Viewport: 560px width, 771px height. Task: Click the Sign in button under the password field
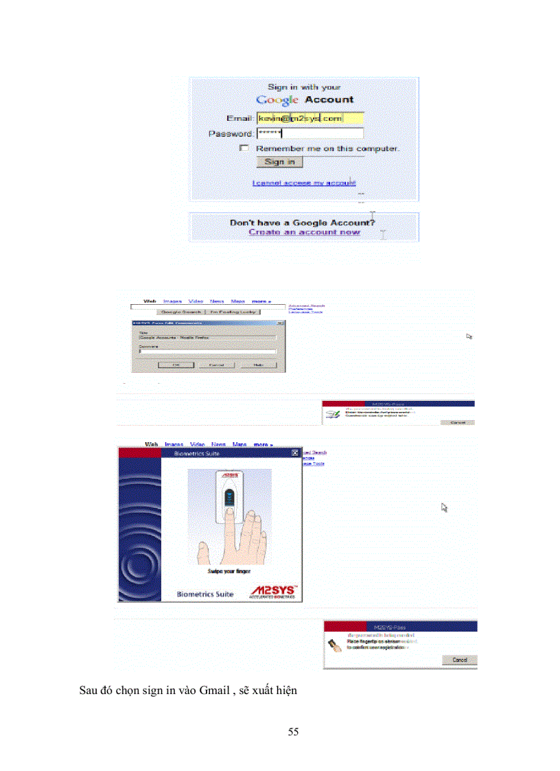279,162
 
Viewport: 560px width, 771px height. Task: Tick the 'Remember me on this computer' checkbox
244,148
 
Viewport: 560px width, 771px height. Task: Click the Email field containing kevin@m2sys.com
310,119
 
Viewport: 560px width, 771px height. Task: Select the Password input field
310,133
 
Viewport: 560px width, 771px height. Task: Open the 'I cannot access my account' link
303,183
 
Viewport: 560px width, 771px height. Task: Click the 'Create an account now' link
304,232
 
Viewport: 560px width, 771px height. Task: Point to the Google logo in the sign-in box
277,100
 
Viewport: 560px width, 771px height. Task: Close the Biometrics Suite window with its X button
295,452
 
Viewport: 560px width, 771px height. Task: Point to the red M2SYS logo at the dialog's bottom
272,592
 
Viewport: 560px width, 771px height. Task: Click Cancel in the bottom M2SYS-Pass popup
459,660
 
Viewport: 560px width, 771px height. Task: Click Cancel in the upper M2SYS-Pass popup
456,422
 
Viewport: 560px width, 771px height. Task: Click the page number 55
293,732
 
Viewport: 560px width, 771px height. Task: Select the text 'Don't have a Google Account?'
303,222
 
